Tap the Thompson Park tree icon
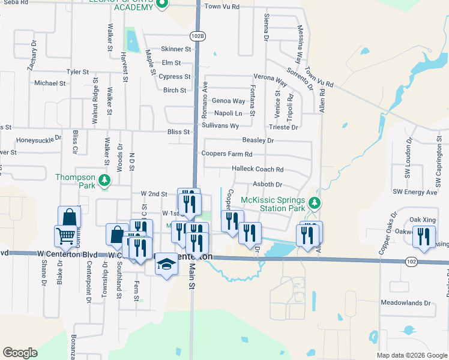pyautogui.click(x=104, y=181)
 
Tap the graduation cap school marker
pyautogui.click(x=166, y=265)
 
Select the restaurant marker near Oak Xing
pyautogui.click(x=424, y=237)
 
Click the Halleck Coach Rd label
pyautogui.click(x=258, y=169)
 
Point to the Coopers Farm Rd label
pyautogui.click(x=227, y=154)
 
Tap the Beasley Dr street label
pyautogui.click(x=258, y=140)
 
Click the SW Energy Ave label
pyautogui.click(x=415, y=192)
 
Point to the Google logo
pyautogui.click(x=20, y=353)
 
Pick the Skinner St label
pyautogui.click(x=176, y=49)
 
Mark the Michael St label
pyautogui.click(x=49, y=83)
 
